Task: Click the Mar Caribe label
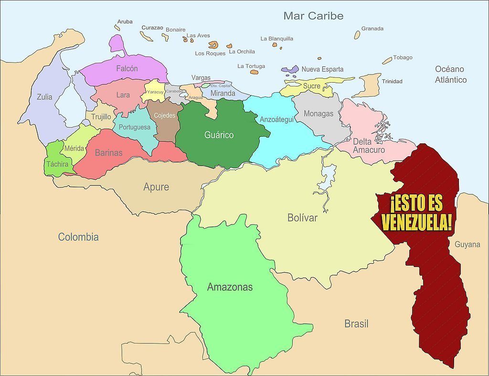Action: [313, 16]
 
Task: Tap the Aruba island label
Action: [125, 21]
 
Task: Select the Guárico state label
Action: [219, 135]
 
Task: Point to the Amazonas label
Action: [230, 287]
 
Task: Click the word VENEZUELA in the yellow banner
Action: [416, 223]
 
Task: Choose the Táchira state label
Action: [57, 164]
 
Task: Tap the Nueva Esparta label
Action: [322, 69]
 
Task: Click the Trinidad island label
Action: [392, 81]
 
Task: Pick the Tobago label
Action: [403, 58]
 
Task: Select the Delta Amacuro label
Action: [369, 146]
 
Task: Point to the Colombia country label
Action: [78, 237]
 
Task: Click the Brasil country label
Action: [356, 324]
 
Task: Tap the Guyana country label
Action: [467, 245]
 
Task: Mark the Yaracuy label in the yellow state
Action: [155, 92]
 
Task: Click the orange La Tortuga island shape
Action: [254, 72]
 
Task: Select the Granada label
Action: [372, 29]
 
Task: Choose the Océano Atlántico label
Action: [450, 75]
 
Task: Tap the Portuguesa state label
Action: [134, 127]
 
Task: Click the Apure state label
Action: [156, 187]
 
